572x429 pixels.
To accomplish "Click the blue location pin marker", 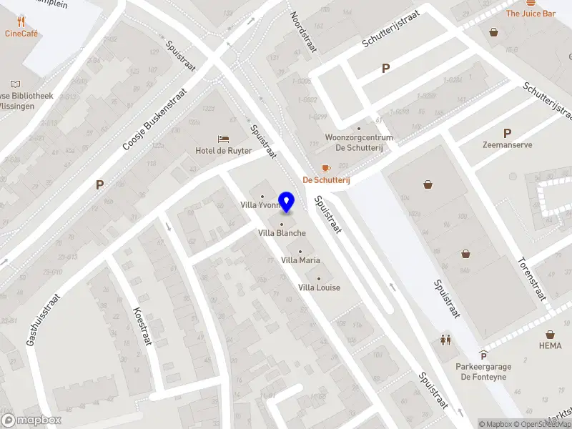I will [x=287, y=202].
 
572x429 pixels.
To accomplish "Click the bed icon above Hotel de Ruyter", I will [x=224, y=138].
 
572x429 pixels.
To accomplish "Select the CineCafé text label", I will [x=21, y=33].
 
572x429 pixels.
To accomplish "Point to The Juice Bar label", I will [x=531, y=14].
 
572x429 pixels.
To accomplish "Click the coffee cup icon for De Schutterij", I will [x=326, y=168].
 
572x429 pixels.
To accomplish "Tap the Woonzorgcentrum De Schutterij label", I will [x=359, y=142].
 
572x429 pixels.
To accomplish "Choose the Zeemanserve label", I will [x=507, y=144].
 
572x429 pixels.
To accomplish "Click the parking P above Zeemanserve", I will [x=508, y=133].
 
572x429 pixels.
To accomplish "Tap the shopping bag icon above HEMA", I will [x=551, y=334].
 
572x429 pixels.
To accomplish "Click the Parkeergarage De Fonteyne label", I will [x=484, y=371].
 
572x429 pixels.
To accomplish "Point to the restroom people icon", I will [x=446, y=340].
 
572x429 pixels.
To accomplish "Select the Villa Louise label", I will [x=319, y=287].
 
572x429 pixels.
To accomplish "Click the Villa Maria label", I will [x=300, y=260].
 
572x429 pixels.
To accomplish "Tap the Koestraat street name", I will [x=142, y=327].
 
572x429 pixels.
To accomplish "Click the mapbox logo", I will [x=31, y=420].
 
